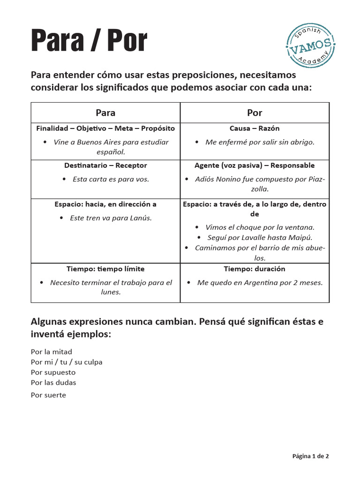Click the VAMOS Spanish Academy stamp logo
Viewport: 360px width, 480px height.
(x=310, y=46)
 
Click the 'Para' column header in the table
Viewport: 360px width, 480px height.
(x=105, y=112)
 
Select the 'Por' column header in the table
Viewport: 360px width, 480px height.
(x=255, y=112)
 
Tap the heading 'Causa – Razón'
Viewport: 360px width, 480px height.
(x=255, y=128)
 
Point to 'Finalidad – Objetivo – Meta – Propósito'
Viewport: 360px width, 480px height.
(x=105, y=128)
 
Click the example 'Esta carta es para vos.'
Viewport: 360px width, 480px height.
(x=111, y=179)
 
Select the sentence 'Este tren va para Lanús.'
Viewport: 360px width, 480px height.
(x=111, y=218)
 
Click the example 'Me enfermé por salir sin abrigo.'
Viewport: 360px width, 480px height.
(x=260, y=142)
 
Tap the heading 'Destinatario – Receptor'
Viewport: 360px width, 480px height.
(x=105, y=165)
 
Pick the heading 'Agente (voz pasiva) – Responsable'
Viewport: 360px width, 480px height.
(x=255, y=165)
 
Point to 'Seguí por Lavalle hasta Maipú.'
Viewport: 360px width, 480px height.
(x=260, y=238)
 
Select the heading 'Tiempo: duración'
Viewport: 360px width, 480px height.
(x=255, y=269)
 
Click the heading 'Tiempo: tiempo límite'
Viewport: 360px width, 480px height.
(x=105, y=269)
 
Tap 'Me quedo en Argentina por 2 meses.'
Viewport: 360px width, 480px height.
(x=260, y=283)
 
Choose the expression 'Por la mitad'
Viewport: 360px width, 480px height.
(x=52, y=352)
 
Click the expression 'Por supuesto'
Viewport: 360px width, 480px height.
(x=53, y=372)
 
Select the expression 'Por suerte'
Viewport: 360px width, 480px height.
(x=48, y=395)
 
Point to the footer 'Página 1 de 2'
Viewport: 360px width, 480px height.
(x=310, y=456)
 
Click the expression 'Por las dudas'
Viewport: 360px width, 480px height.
(x=53, y=382)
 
